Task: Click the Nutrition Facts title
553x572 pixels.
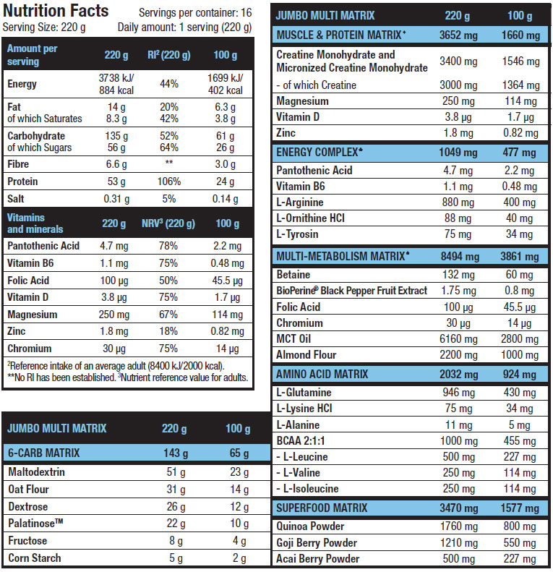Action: [56, 11]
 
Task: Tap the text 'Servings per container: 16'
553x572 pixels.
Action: [194, 13]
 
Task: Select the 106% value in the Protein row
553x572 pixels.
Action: [169, 182]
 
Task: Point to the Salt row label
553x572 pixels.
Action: [18, 199]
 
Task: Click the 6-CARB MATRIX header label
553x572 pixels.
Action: [43, 453]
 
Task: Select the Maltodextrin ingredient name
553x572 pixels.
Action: [36, 471]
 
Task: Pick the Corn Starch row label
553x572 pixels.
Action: [34, 558]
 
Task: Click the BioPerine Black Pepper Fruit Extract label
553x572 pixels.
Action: [351, 291]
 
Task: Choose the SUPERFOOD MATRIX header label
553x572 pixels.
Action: [322, 508]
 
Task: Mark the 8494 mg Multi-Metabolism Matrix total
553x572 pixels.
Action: [459, 256]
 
